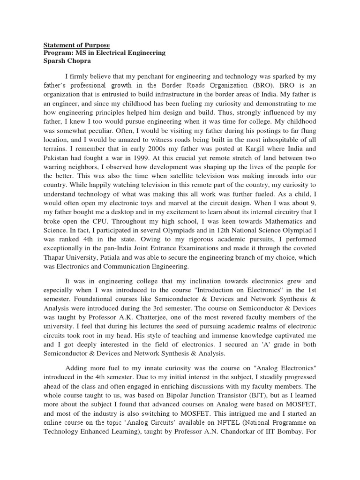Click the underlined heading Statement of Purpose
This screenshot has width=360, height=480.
click(76, 45)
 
